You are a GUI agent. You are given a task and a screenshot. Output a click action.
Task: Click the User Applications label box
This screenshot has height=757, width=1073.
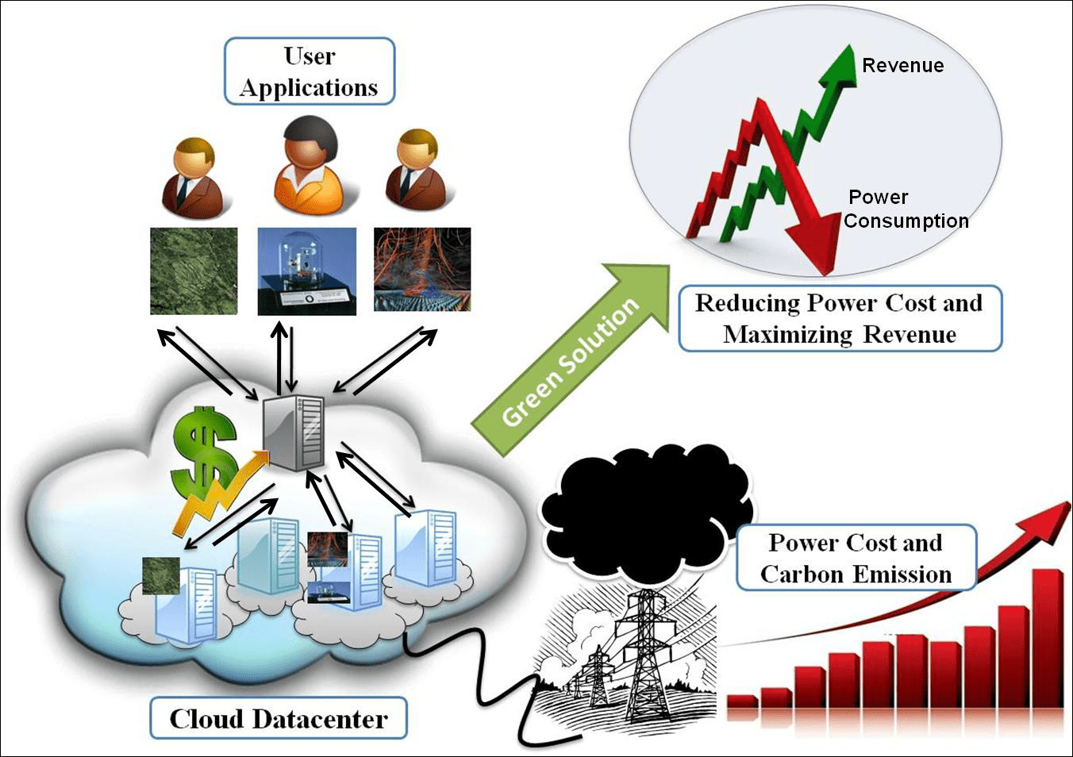(x=309, y=71)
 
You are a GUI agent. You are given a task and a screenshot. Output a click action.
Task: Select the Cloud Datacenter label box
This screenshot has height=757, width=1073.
(x=278, y=719)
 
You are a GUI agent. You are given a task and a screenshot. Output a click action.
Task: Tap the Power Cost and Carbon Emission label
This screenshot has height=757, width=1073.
(x=856, y=559)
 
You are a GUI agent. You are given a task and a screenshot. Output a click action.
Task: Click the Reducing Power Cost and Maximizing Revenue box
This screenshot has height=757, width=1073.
(x=840, y=318)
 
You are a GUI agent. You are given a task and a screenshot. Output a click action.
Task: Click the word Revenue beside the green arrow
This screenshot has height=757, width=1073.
(x=902, y=66)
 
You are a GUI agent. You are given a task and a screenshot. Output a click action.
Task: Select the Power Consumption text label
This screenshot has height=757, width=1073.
(x=905, y=209)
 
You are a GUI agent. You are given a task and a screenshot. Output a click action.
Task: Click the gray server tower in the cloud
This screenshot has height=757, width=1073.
(x=294, y=432)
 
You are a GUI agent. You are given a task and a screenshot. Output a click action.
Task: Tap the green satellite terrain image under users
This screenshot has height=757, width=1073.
(x=194, y=271)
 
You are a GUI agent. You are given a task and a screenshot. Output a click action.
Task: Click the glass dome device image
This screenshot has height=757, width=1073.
(x=306, y=271)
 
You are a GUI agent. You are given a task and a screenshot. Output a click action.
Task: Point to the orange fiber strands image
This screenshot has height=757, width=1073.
(x=422, y=270)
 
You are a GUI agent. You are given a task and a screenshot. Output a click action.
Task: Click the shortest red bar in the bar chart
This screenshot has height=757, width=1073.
(x=742, y=701)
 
